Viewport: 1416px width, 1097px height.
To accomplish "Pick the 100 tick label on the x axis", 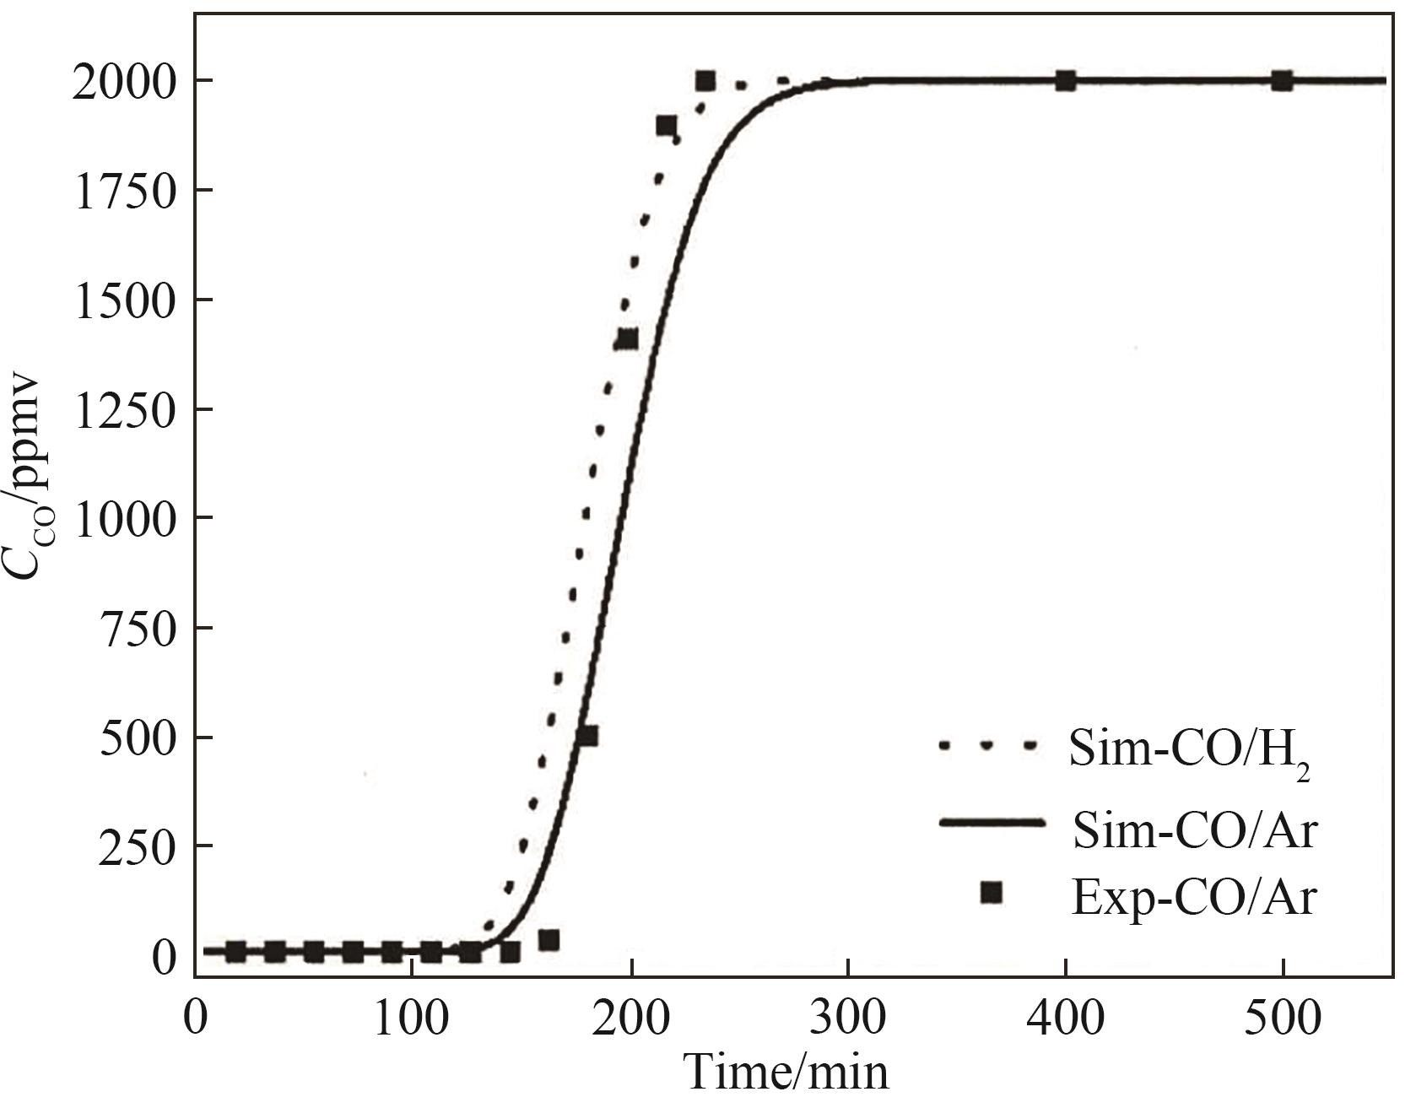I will coord(411,1019).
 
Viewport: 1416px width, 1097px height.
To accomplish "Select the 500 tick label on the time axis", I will coord(1283,1019).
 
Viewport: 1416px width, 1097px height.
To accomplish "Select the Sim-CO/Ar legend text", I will coord(1192,831).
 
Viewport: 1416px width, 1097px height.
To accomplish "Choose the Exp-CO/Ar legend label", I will coord(1192,896).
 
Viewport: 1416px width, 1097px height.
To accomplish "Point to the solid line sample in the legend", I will coord(992,823).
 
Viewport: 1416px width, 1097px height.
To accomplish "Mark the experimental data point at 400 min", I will coord(1066,81).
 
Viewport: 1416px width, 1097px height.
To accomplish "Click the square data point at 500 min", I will coord(1283,81).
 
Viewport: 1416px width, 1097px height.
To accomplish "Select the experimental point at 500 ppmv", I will coord(588,736).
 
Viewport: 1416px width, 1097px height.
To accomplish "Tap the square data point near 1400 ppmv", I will coord(628,340).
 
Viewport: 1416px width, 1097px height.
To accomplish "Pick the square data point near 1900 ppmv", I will coord(666,126).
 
